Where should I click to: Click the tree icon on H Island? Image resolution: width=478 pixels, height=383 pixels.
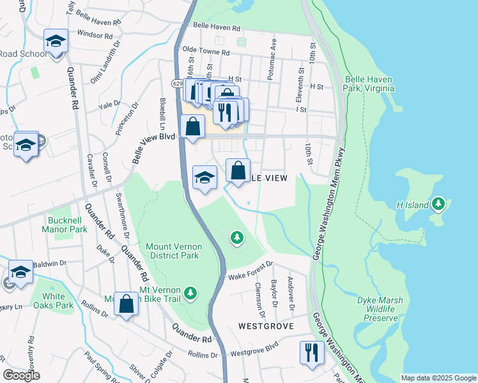[438, 204]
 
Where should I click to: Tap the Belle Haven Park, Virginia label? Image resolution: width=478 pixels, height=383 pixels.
[367, 84]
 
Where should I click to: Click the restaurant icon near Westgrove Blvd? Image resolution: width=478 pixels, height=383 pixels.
[311, 352]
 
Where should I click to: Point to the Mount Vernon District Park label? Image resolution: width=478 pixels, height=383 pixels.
[174, 251]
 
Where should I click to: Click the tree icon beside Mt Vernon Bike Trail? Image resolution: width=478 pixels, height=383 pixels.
[190, 293]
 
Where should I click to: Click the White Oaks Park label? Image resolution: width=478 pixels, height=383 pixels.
[54, 301]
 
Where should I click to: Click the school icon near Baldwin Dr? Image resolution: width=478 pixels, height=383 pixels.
[20, 272]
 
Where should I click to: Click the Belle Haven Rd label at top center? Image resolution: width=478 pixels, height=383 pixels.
[216, 29]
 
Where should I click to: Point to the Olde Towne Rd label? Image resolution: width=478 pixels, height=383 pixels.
[206, 51]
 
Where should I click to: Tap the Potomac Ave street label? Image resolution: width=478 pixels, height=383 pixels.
[273, 59]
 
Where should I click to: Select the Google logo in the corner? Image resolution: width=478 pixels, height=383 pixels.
[22, 375]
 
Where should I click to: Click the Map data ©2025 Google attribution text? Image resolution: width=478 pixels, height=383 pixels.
[438, 378]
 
